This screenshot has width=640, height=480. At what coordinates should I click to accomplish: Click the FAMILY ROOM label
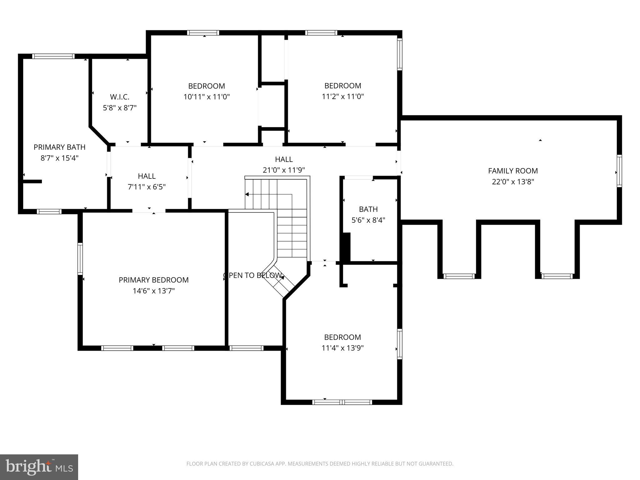[x=513, y=171]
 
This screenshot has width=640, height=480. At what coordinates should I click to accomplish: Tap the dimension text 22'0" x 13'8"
[x=513, y=182]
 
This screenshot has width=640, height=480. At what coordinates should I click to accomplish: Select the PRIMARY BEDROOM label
[x=153, y=280]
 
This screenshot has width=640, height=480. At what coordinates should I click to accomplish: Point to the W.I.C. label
[x=120, y=97]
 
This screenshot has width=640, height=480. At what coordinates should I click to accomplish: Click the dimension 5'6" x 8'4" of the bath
[x=368, y=220]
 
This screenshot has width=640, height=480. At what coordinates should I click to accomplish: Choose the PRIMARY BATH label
[x=59, y=147]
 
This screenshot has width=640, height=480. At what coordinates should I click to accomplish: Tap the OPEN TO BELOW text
[x=252, y=275]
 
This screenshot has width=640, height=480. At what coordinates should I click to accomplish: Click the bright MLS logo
[x=39, y=467]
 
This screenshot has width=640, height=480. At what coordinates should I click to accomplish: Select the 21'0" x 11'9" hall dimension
[x=283, y=170]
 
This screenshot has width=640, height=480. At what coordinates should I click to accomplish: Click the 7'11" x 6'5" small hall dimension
[x=147, y=187]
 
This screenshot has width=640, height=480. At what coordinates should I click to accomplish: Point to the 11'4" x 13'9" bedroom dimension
[x=342, y=348]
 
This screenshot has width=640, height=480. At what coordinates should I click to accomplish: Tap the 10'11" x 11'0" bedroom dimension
[x=206, y=97]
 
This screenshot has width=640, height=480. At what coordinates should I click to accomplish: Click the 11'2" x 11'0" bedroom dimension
[x=343, y=97]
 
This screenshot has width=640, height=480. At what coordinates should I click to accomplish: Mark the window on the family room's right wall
[x=619, y=171]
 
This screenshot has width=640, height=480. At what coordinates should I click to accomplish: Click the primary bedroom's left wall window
[x=80, y=259]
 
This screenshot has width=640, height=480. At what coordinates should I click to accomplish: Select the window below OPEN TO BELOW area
[x=246, y=348]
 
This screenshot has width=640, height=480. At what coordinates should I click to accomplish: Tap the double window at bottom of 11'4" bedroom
[x=342, y=402]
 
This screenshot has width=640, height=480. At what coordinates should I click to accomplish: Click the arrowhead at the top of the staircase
[x=247, y=194]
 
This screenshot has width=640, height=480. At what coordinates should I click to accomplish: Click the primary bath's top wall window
[x=53, y=56]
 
